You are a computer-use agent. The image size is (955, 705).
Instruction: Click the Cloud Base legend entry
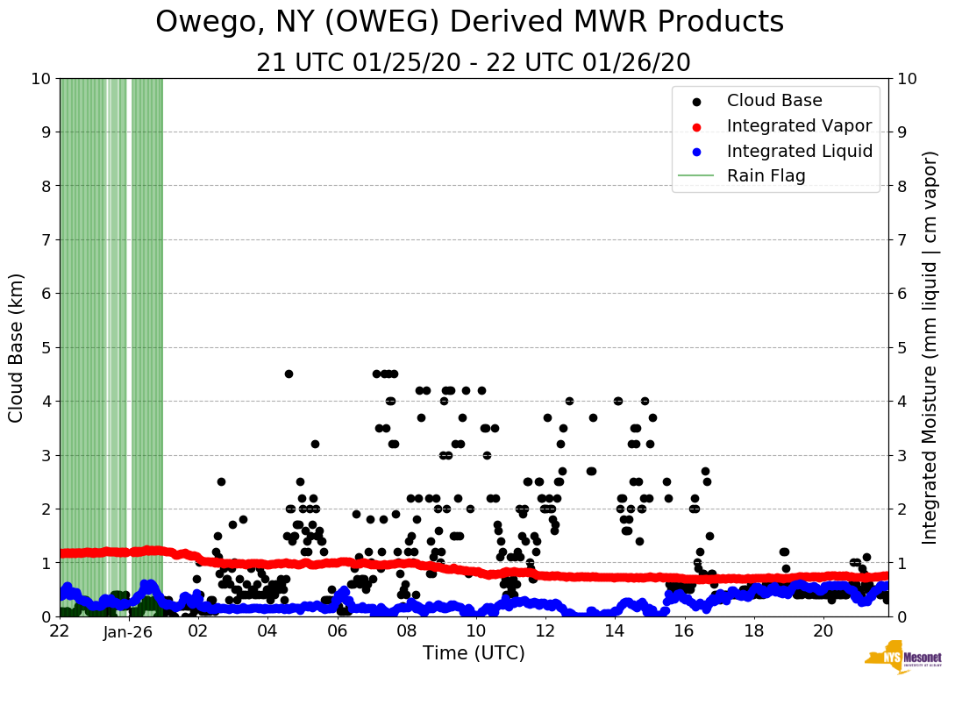click(773, 101)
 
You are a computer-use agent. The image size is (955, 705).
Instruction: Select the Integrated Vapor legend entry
click(798, 125)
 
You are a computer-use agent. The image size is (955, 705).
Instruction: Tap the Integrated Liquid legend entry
click(799, 151)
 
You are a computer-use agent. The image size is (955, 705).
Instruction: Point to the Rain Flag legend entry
click(766, 175)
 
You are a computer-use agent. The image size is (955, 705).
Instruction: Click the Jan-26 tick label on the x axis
click(129, 630)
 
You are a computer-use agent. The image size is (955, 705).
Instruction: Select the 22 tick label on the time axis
click(60, 630)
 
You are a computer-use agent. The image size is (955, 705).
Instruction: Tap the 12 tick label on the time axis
click(545, 630)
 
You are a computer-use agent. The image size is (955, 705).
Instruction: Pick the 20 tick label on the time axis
click(823, 630)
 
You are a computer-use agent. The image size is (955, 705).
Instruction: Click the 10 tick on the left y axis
click(41, 78)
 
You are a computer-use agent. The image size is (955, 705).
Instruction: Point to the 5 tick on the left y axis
click(46, 347)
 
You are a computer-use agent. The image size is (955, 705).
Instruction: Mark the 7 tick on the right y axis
click(902, 239)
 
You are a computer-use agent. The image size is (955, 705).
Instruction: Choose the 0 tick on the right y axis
click(902, 616)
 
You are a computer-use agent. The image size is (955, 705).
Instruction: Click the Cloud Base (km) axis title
click(17, 347)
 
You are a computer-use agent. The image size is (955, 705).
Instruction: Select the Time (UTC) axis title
click(474, 653)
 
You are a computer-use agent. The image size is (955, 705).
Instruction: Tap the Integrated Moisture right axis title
click(930, 347)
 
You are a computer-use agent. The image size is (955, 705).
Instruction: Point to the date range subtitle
click(474, 62)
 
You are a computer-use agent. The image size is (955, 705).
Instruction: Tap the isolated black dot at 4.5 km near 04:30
click(289, 374)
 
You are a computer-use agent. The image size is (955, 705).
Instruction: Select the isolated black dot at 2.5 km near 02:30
click(221, 481)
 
